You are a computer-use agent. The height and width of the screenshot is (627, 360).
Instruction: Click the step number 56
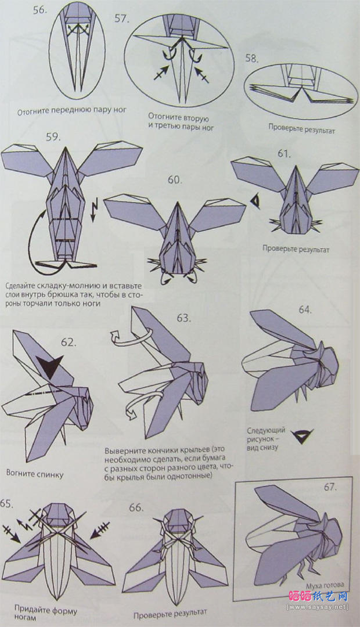39,10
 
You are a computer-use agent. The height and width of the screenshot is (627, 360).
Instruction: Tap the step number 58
252,59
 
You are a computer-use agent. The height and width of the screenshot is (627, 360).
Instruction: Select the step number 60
174,180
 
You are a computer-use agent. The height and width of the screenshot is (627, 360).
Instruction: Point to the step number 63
183,318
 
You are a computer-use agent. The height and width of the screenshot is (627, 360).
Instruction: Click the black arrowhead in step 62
52,363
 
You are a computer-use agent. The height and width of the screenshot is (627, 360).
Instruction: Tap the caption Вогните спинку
35,474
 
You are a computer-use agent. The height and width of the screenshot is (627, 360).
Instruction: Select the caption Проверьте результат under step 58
301,129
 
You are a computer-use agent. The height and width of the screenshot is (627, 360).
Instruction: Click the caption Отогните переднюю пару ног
71,111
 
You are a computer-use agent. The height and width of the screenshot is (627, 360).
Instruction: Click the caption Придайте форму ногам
45,613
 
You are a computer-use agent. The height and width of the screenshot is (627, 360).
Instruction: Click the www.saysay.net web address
318,607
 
